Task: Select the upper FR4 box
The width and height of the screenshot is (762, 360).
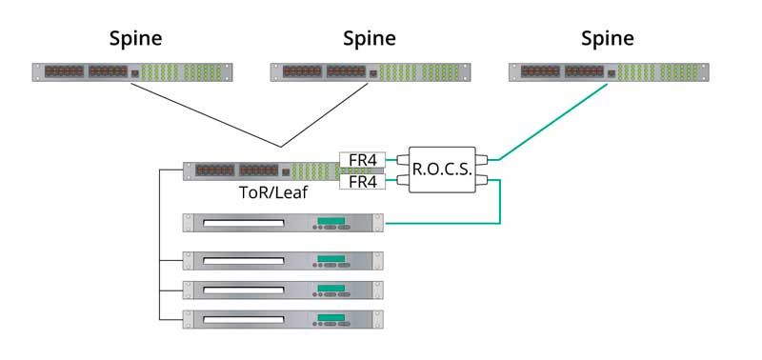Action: [x=362, y=160]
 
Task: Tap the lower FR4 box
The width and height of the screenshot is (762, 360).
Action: [x=362, y=181]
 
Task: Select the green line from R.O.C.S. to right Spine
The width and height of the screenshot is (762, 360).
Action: [x=552, y=121]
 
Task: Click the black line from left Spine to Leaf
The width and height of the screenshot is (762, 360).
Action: [x=205, y=114]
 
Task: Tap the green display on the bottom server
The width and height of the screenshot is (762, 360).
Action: [x=331, y=314]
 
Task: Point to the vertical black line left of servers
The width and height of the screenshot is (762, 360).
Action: [x=159, y=248]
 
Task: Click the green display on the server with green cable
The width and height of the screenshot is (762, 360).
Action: [x=331, y=222]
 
